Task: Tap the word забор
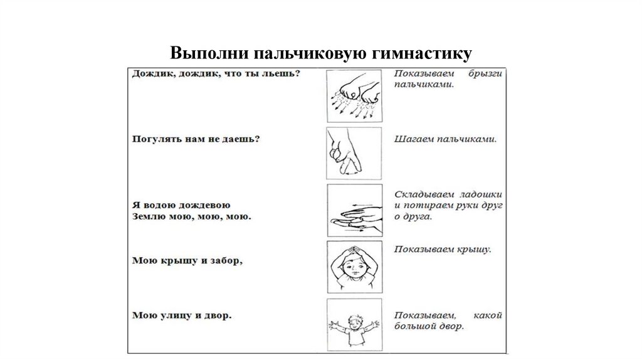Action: (224, 260)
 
